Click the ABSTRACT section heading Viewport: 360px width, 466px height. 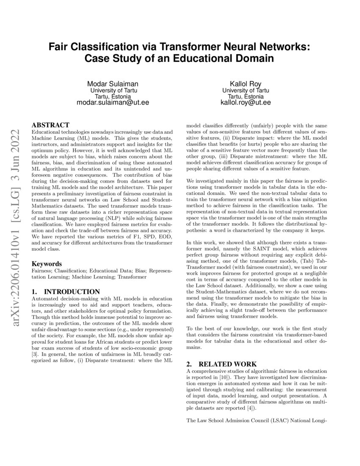coord(50,125)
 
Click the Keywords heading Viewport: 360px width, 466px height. coord(47,264)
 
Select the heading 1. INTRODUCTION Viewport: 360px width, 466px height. coord(66,291)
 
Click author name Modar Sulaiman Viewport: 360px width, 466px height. coord(113,83)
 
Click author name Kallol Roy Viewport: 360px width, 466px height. coord(245,83)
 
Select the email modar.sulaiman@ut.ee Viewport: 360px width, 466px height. coord(113,103)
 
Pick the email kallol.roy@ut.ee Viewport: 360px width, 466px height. coord(246,103)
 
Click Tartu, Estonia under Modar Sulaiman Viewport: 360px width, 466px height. coord(113,96)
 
